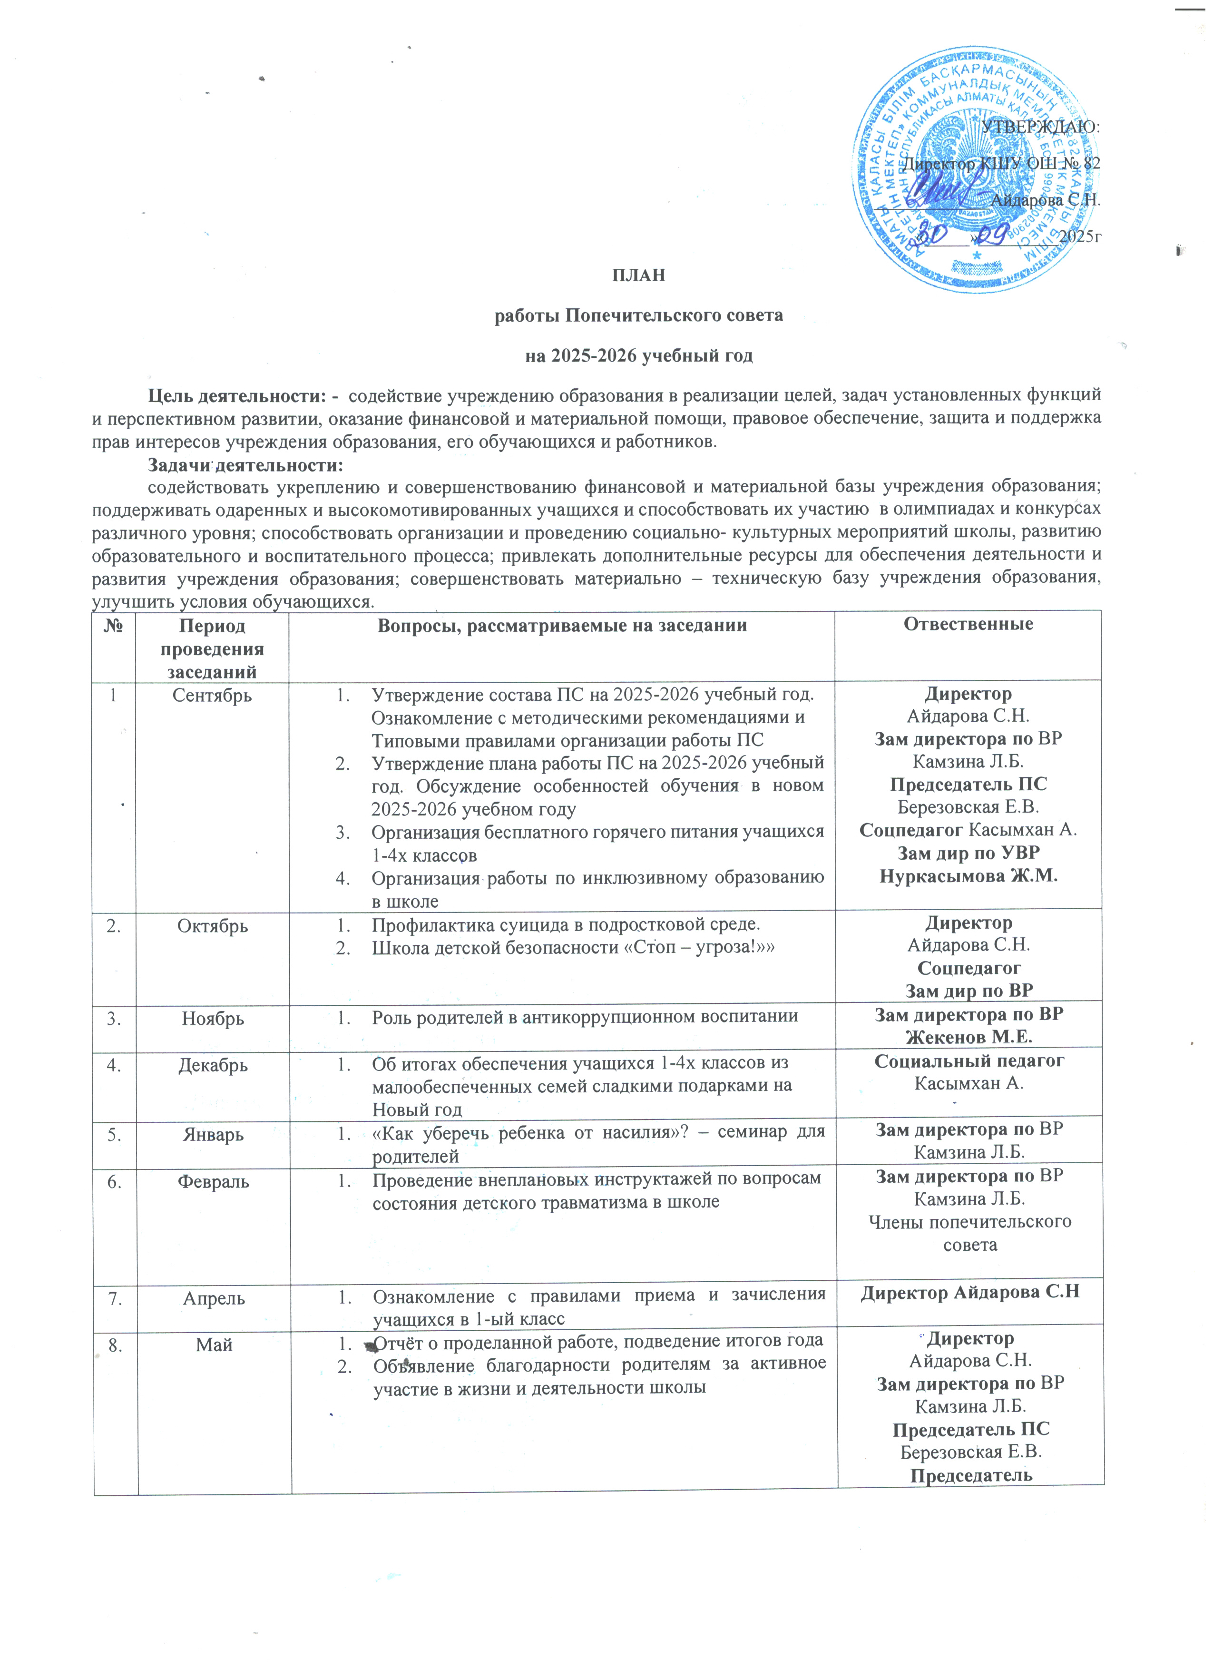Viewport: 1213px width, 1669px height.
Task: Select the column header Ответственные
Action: [968, 625]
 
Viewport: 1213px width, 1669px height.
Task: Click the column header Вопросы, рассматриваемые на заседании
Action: [561, 626]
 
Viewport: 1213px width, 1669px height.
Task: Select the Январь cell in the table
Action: [213, 1134]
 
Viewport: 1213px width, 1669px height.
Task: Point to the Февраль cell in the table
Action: [213, 1181]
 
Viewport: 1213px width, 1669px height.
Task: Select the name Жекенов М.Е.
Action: [968, 1037]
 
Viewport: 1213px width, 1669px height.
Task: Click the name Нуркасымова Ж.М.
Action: [968, 876]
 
